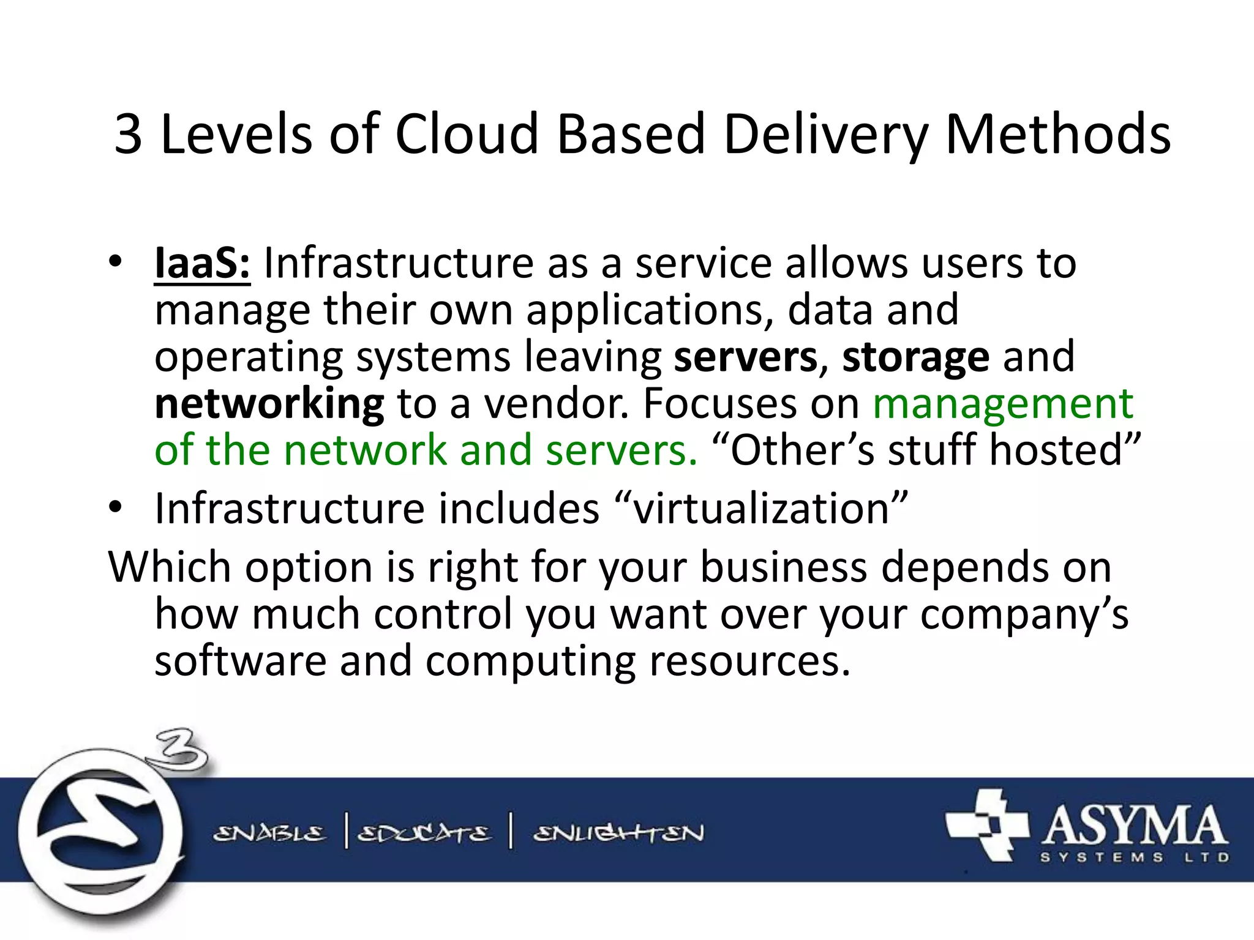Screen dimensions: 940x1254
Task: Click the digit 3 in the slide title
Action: pos(129,135)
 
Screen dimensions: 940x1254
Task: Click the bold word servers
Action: pos(745,357)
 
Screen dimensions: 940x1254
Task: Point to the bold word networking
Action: pos(269,405)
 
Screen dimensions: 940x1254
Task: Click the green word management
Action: pos(1003,405)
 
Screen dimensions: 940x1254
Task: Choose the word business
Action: pos(783,567)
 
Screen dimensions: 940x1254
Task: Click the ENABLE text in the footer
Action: pos(269,834)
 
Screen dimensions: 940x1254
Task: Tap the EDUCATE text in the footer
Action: pos(424,834)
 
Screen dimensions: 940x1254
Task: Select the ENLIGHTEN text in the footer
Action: pos(618,834)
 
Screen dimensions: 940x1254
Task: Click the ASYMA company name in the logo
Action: pos(1134,826)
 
